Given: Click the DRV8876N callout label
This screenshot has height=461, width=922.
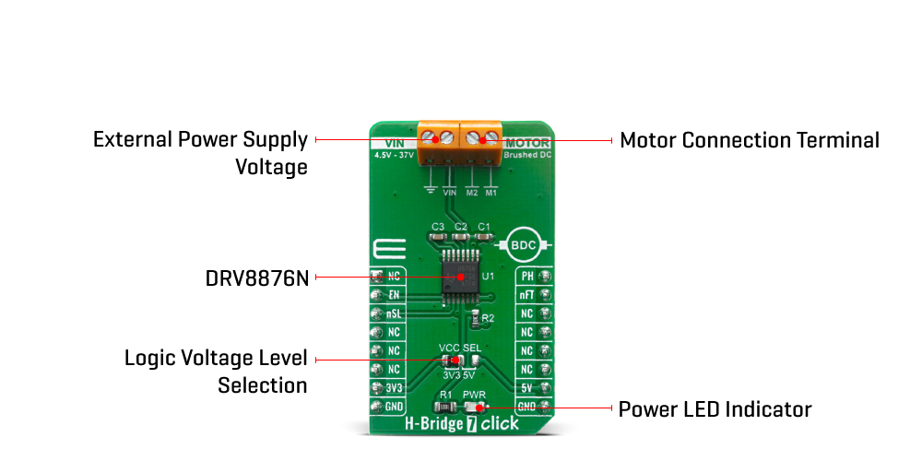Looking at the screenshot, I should point(256,277).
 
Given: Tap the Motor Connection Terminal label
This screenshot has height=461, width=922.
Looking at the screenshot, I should point(749,140).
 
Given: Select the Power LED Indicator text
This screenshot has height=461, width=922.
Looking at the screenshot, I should point(715,408).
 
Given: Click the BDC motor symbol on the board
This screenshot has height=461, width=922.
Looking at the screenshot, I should point(523,246).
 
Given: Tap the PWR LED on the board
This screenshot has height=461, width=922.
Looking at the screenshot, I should point(475,407).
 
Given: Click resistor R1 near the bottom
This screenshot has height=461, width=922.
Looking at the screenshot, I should point(446,407).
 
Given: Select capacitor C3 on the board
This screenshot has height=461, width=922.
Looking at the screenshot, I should point(438,237).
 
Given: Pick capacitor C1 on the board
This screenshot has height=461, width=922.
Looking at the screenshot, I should point(483,237).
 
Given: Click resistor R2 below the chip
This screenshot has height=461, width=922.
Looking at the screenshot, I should point(475,318).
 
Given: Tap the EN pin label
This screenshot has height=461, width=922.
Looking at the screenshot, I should point(394,295).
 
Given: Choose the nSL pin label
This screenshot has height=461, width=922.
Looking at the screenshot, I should point(394,313).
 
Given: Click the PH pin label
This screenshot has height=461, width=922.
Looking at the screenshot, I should point(527,277).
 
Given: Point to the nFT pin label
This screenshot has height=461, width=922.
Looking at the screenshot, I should point(527,295).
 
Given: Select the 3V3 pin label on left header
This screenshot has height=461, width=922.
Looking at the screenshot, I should point(394,388).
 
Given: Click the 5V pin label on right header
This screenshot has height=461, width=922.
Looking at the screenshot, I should point(527,388).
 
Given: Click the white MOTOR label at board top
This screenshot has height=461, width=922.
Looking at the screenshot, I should point(527,143).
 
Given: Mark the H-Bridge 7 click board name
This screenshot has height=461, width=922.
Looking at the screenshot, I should point(461,425).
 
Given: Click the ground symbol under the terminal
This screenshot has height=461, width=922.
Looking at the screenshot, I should point(430,191).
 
